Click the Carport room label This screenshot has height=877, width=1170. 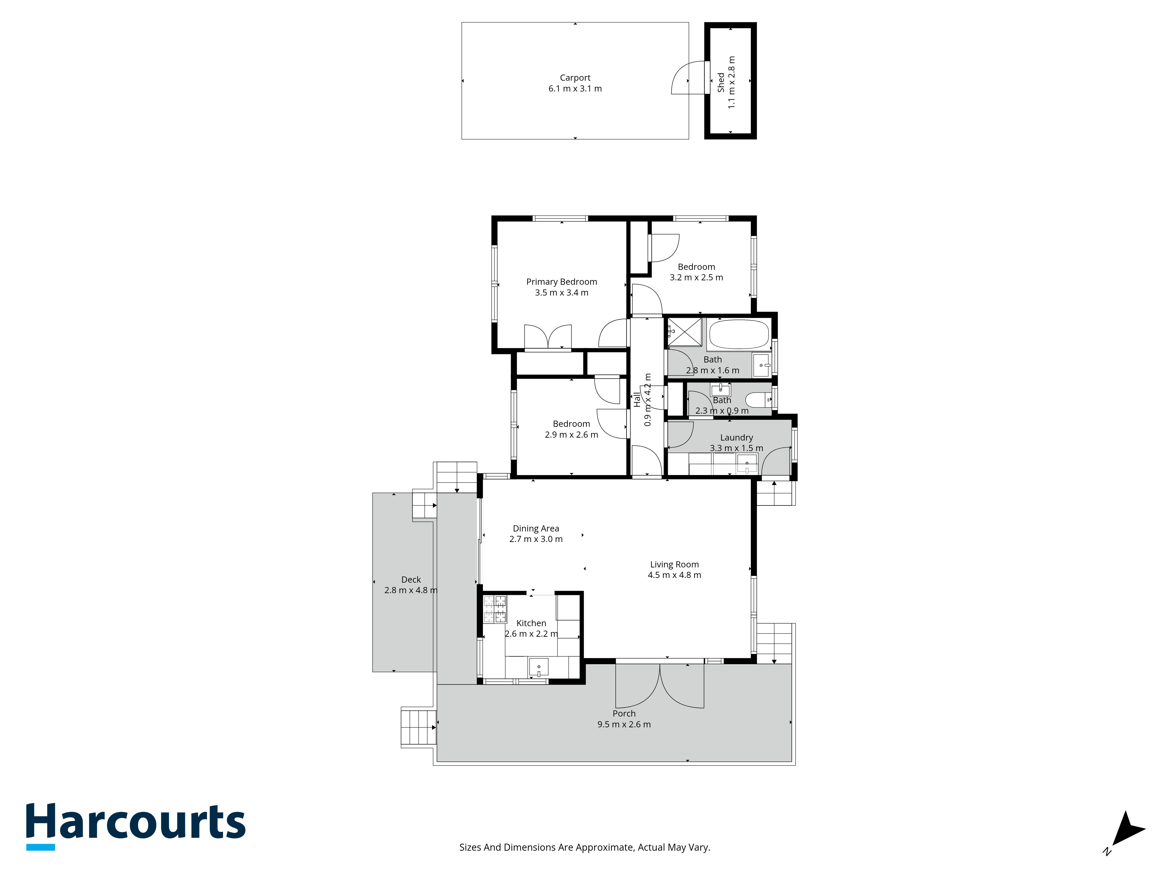pyautogui.click(x=575, y=78)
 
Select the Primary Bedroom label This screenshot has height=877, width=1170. pyautogui.click(x=562, y=282)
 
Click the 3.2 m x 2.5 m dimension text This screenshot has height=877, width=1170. pyautogui.click(x=697, y=277)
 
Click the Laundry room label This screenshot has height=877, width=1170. pyautogui.click(x=736, y=438)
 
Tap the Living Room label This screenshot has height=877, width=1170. pyautogui.click(x=675, y=564)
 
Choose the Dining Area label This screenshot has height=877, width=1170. pyautogui.click(x=536, y=529)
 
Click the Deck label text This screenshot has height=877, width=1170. pyautogui.click(x=411, y=580)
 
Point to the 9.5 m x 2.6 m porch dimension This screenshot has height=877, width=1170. pyautogui.click(x=624, y=725)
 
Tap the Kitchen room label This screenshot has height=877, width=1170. pyautogui.click(x=531, y=623)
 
